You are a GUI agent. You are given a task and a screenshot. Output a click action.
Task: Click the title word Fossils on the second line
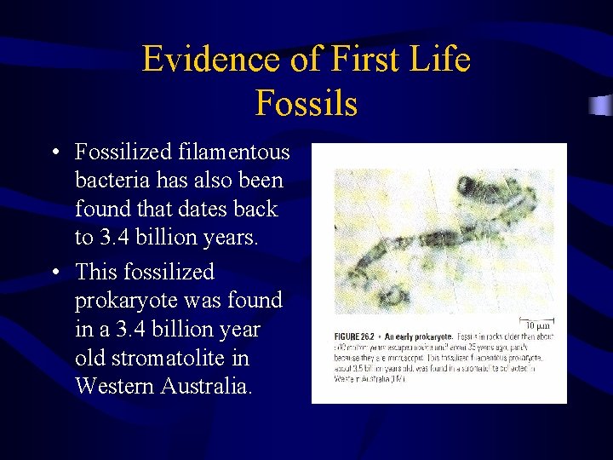(306, 103)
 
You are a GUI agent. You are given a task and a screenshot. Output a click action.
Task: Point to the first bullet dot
(54, 154)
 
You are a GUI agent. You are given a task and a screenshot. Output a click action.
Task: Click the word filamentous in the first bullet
(234, 153)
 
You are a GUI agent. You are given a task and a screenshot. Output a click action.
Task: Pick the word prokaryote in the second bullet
(127, 301)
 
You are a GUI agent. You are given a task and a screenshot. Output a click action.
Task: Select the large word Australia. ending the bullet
(207, 386)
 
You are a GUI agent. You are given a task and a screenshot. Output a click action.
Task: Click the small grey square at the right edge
(604, 106)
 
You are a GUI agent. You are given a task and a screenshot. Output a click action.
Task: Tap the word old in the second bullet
(90, 358)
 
